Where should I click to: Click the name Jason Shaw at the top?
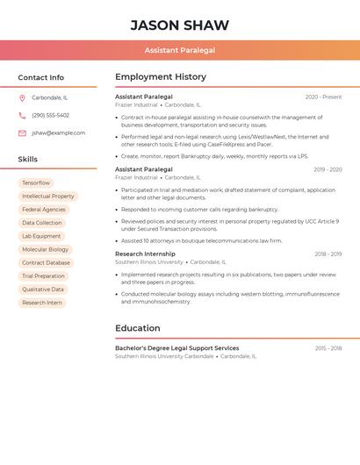coord(179,25)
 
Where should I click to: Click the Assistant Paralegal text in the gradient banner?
coord(179,51)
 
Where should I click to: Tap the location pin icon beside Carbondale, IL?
coord(22,97)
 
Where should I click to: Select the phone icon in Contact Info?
coord(22,115)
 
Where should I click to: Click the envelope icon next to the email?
coord(22,132)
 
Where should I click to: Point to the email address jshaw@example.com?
coord(58,132)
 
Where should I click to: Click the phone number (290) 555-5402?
coord(50,115)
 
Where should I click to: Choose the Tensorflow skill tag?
coord(36,182)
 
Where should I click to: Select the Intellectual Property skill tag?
coord(47,196)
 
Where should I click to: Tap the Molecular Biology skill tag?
coord(45,249)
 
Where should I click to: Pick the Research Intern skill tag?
coord(42,303)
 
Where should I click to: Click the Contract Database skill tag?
coord(46,262)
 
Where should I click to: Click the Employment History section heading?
coord(161,77)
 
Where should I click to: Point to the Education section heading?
coord(138,328)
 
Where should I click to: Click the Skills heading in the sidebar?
coord(28,159)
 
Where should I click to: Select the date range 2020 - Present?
coord(323,97)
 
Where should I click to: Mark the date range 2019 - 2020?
coord(327,168)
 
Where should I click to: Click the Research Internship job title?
coord(145,254)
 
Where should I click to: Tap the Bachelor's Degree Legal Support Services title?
coord(176,348)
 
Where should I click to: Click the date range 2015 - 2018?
coord(328,348)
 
